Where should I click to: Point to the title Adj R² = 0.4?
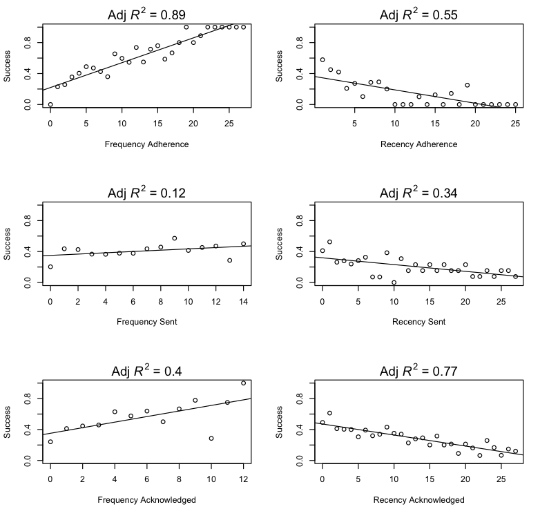point(146,371)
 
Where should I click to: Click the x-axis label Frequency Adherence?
point(146,144)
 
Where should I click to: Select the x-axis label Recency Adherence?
point(418,144)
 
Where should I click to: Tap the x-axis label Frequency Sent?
point(146,322)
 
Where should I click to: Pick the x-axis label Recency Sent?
point(418,322)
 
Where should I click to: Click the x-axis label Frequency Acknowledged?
point(146,499)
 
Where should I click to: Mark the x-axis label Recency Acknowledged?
point(418,499)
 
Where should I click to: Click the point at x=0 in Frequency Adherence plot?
point(50,104)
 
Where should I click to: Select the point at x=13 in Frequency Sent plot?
point(229,260)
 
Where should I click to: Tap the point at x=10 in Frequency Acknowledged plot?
point(211,439)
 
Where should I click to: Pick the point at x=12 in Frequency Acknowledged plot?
point(243,383)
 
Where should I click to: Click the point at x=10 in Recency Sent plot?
point(394,282)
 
